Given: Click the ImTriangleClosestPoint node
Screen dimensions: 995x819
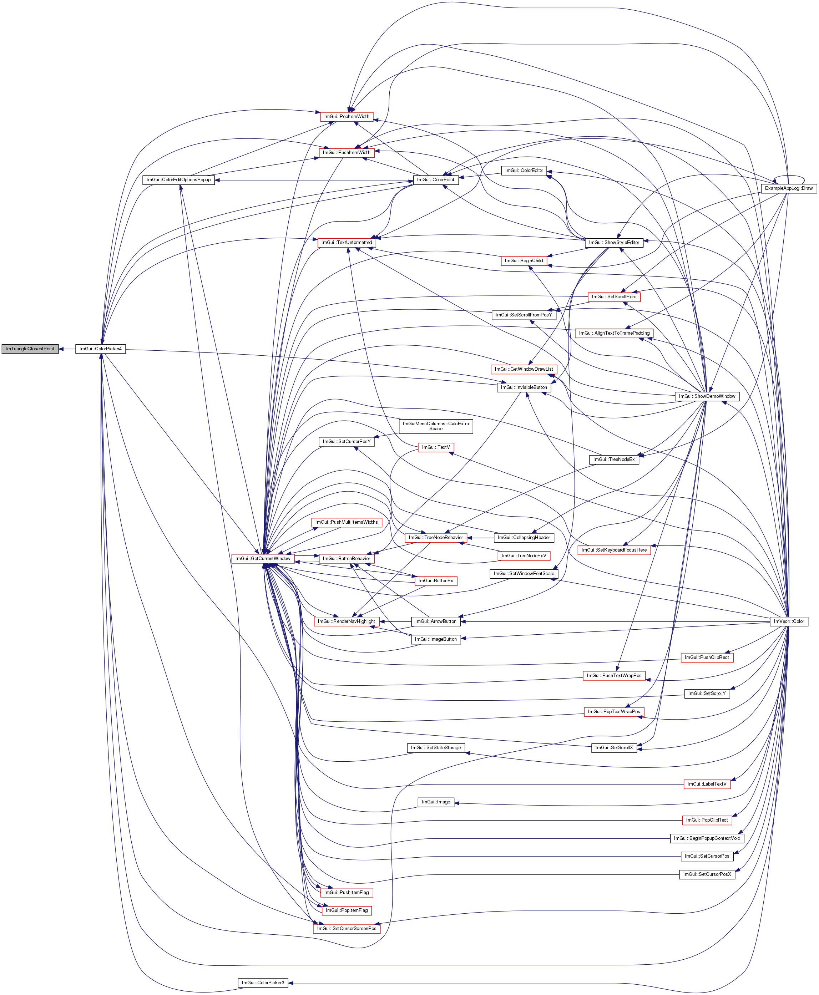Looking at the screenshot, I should tap(30, 349).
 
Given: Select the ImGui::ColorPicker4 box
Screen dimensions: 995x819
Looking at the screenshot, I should tap(101, 349).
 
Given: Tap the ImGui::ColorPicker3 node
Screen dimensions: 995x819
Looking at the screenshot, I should tap(263, 983).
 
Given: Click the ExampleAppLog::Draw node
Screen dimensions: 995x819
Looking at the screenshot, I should tap(789, 188).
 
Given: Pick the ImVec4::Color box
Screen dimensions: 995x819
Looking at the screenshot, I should tap(789, 621).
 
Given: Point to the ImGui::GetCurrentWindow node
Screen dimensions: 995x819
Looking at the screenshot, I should tap(263, 558).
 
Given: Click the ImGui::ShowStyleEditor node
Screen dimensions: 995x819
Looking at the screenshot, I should tap(614, 242).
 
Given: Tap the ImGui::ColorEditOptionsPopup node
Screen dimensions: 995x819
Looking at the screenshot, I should tap(178, 180).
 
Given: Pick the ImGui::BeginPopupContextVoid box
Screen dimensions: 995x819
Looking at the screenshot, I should tap(707, 838).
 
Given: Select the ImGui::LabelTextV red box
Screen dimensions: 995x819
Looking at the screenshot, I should tap(707, 784).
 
